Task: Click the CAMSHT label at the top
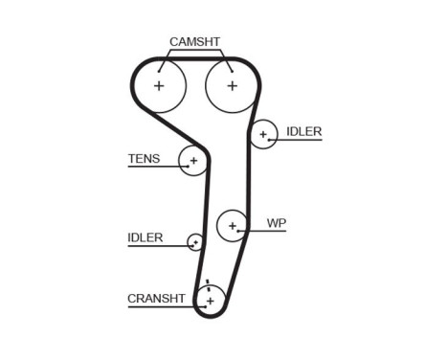pos(194,41)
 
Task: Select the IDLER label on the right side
pos(303,131)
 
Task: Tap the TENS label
pos(144,159)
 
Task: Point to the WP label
pos(277,223)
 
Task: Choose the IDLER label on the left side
pos(145,237)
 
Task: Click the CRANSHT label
pos(155,299)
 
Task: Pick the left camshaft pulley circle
pos(159,85)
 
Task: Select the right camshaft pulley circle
pos(232,85)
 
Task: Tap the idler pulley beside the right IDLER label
pos(263,134)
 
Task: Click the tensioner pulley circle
pos(193,161)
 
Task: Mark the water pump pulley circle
pos(233,225)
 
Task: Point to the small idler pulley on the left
pos(195,241)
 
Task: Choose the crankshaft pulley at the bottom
pos(209,301)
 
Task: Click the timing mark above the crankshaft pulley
pos(207,281)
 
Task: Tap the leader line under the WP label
pos(268,232)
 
